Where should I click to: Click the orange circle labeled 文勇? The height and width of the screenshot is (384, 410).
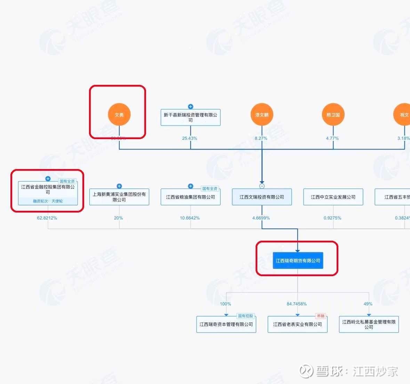pos(119,114)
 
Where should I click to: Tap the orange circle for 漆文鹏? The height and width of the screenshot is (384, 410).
pos(262,114)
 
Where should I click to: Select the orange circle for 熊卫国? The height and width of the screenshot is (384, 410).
pos(333,114)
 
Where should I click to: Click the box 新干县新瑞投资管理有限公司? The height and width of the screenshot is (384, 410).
pos(190,117)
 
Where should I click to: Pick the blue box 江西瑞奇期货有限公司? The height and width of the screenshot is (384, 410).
pos(298,261)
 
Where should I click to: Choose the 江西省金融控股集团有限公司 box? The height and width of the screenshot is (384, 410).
pos(48,190)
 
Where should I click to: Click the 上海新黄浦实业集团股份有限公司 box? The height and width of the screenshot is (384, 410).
pos(119,197)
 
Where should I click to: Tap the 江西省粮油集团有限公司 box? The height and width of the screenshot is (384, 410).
pos(191,197)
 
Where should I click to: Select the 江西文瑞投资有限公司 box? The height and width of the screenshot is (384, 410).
pos(262,197)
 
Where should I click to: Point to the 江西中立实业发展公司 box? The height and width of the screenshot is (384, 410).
pos(333,197)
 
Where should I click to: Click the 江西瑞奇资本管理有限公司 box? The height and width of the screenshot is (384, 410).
pos(226,325)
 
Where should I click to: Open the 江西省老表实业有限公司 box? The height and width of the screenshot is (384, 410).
pos(298,325)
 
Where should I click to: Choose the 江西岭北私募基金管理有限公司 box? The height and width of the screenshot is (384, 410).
pos(369,325)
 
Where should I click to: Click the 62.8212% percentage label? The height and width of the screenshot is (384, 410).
pos(47,218)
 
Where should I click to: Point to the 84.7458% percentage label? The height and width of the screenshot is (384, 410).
pos(297,304)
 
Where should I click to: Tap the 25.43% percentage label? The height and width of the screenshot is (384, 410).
pos(190,138)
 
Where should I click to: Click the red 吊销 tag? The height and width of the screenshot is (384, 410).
pos(320,316)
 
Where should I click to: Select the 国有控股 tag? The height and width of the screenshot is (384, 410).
pos(246,316)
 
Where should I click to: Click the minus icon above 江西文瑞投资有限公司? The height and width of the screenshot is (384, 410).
pos(262,186)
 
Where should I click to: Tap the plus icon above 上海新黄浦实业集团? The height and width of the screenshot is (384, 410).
pos(119,186)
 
